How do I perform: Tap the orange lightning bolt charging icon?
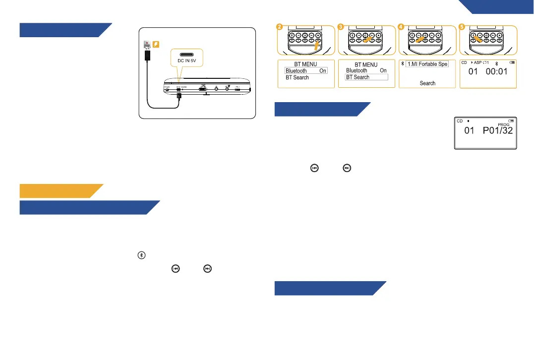tap(155, 45)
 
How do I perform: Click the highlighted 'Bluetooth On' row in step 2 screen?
tap(306, 71)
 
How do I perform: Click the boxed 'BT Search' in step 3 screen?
tap(366, 77)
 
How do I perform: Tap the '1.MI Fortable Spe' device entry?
tap(427, 64)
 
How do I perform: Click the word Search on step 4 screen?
tap(427, 83)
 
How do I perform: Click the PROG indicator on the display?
tap(503, 125)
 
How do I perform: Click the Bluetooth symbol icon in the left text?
tap(142, 255)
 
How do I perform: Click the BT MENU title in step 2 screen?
tap(305, 64)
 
